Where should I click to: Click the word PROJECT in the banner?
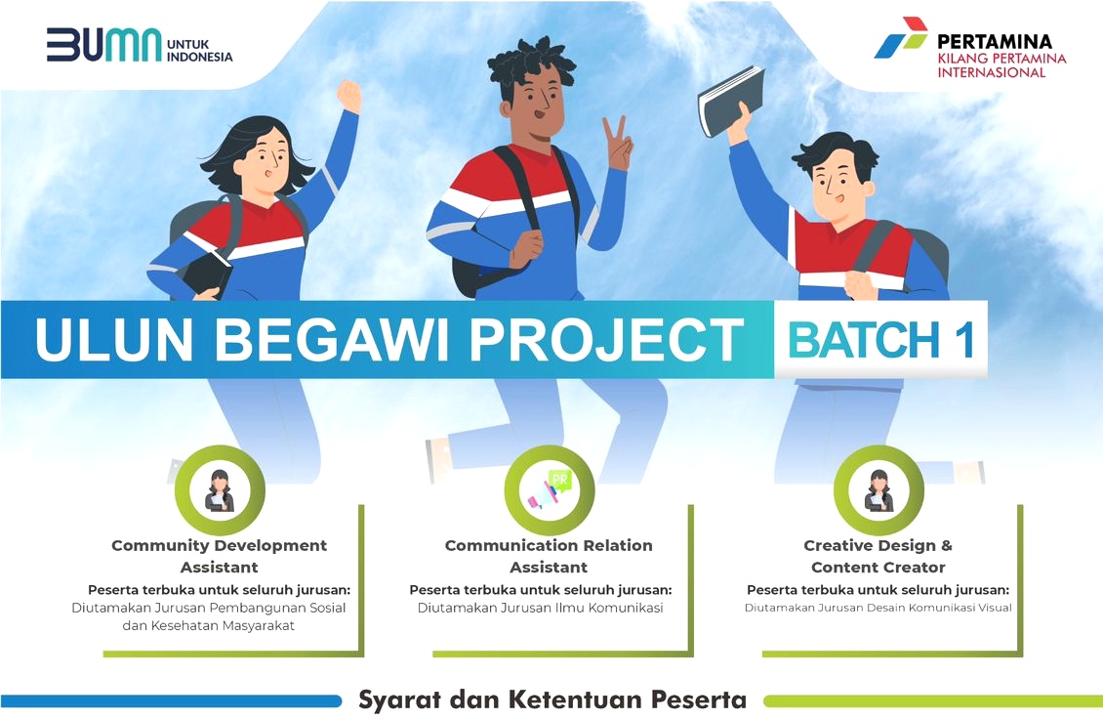point(606,339)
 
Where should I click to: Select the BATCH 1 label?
point(880,340)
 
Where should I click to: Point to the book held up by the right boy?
point(731,101)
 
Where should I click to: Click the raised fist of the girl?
point(348,96)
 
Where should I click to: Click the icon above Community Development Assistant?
point(220,490)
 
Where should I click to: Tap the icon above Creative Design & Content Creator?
point(878,490)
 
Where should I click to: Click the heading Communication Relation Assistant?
point(549,556)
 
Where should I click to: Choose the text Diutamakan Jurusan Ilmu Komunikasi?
point(540,608)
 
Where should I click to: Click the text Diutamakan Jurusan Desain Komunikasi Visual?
point(878,608)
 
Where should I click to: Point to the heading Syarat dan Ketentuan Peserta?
point(552,699)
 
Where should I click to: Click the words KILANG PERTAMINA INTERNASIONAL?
point(1001,65)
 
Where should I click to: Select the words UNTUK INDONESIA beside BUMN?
point(199,51)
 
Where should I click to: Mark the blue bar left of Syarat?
point(171,701)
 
